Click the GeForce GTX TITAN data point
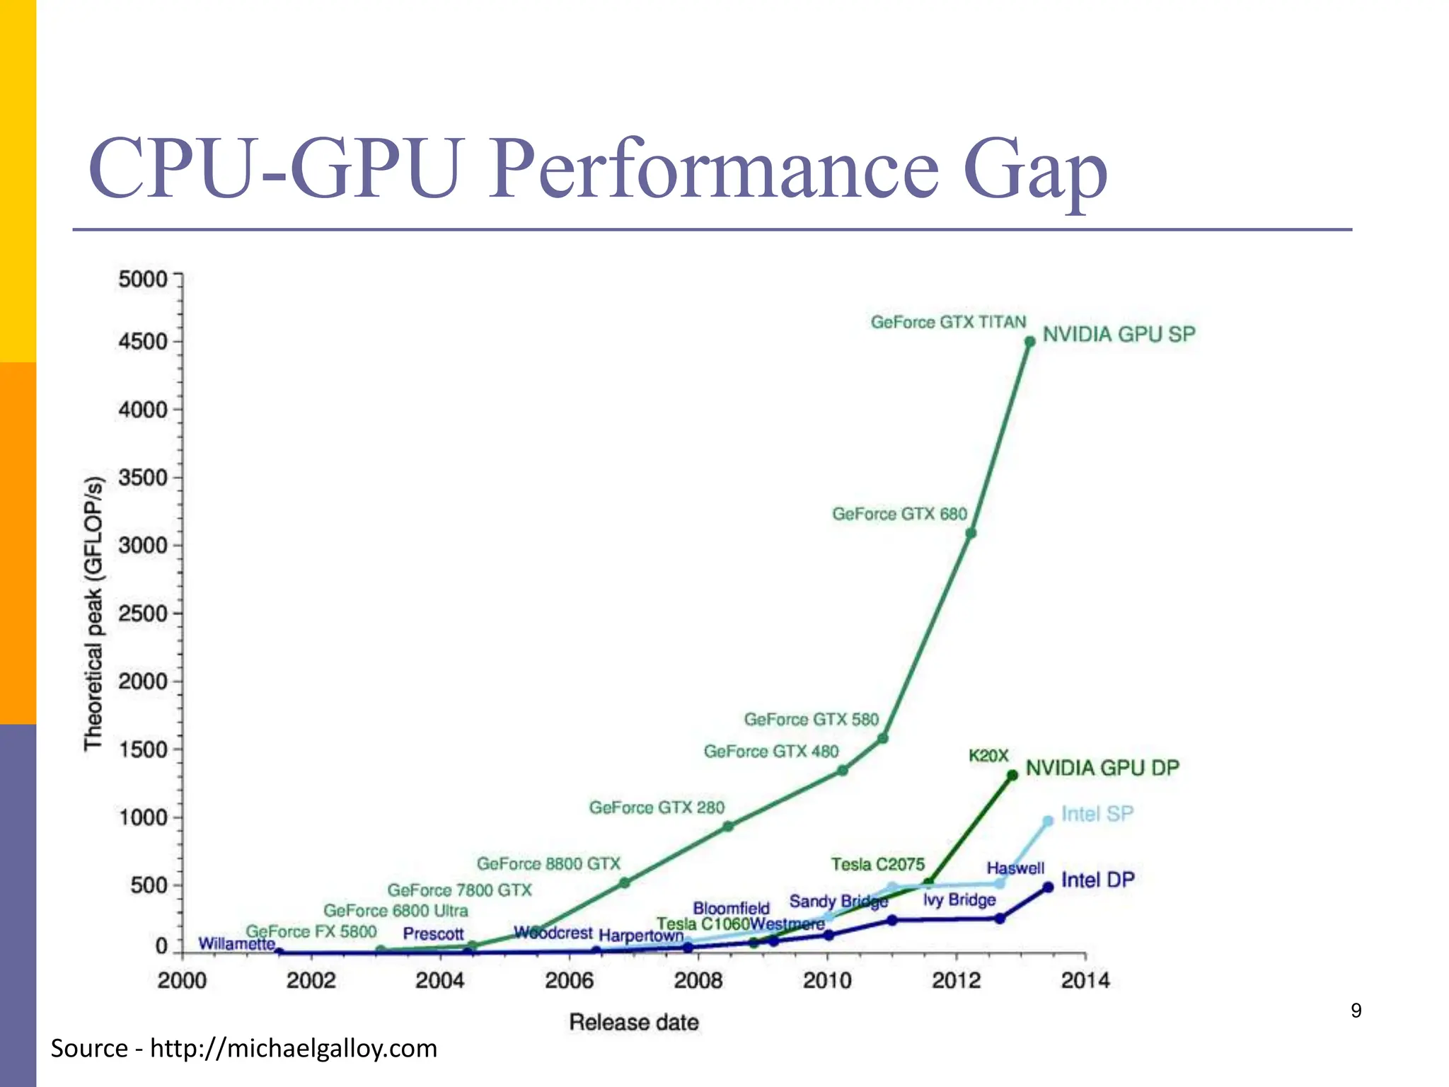1030,342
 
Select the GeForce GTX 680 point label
899,514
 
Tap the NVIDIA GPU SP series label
1119,334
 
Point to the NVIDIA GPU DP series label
1102,768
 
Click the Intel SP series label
1097,814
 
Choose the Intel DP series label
1097,880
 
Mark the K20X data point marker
1012,776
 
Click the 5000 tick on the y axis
142,279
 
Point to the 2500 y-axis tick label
142,614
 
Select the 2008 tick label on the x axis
698,981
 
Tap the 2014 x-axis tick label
1085,981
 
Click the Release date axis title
633,1022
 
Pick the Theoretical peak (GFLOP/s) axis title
93,613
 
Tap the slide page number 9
1356,1011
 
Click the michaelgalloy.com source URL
294,1048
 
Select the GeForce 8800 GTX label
548,864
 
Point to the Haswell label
1015,868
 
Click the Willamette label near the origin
236,943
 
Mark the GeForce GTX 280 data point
728,826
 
